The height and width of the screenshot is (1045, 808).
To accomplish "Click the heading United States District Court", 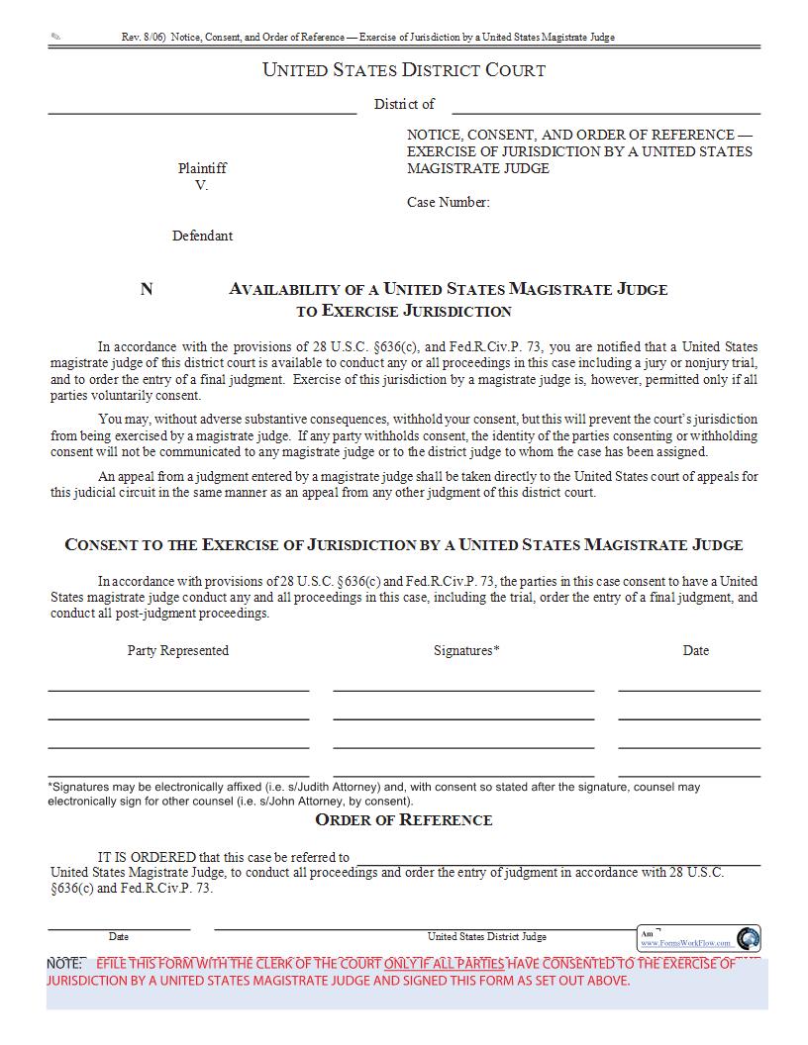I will pos(403,70).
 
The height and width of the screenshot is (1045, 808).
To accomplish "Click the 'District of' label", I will pos(404,104).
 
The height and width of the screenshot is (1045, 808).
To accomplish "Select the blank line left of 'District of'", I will pos(202,113).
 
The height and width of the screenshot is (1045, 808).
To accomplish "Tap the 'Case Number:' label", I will pos(448,202).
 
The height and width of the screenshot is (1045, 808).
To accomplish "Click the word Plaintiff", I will pos(202,168).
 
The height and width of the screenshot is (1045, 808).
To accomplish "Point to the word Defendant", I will pos(202,236).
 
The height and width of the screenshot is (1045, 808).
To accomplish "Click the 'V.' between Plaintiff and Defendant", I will pos(202,185).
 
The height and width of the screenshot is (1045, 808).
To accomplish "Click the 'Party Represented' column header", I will pos(178,650).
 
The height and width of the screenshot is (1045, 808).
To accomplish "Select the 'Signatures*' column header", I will pos(466,650).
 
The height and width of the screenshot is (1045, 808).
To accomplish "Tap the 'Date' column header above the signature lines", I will pos(695,650).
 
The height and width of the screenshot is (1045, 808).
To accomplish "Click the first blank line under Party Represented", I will pos(178,689).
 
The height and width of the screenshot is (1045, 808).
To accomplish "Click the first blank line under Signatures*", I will pos(463,689).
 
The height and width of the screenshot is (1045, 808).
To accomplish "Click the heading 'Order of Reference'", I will pos(403,819).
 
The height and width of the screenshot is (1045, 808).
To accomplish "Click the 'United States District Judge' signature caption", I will pos(486,936).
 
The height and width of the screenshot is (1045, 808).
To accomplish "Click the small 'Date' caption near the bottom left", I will pos(119,936).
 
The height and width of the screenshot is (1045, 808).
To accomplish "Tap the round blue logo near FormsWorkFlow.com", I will pos(749,938).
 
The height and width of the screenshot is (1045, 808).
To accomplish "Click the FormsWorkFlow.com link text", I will pos(685,943).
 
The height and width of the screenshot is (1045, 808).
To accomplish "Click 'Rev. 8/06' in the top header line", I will pos(144,37).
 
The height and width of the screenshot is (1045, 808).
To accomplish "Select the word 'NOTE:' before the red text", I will pos(65,964).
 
